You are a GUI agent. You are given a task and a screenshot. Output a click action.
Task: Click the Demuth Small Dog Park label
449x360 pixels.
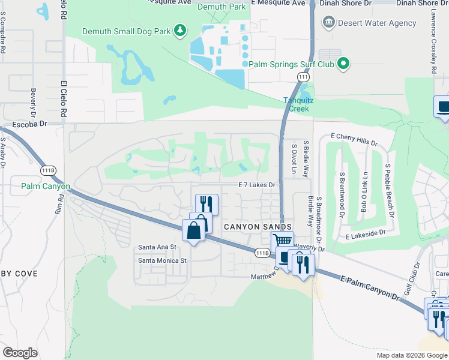(x=126, y=31)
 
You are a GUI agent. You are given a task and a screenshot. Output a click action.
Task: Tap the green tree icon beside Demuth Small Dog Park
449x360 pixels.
(x=179, y=30)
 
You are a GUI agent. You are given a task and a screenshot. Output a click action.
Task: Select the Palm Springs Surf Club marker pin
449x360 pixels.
(x=343, y=64)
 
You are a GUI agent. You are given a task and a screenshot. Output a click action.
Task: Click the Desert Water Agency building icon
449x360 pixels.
(x=329, y=23)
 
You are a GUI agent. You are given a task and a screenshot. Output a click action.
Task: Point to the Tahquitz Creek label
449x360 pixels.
(x=296, y=105)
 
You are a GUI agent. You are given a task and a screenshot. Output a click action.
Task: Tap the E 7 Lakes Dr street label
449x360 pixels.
(x=256, y=185)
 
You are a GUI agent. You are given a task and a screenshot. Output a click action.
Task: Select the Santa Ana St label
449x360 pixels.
(x=157, y=247)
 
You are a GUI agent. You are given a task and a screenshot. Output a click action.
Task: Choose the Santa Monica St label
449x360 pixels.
(x=163, y=260)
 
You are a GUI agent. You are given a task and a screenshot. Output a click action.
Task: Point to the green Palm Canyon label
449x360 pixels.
(x=46, y=187)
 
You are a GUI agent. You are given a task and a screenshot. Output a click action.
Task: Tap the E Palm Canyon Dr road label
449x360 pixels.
(x=370, y=287)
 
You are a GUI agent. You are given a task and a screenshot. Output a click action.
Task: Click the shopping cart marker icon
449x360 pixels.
(x=282, y=241)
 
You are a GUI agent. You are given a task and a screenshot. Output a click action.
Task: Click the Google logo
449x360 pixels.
(x=20, y=353)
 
